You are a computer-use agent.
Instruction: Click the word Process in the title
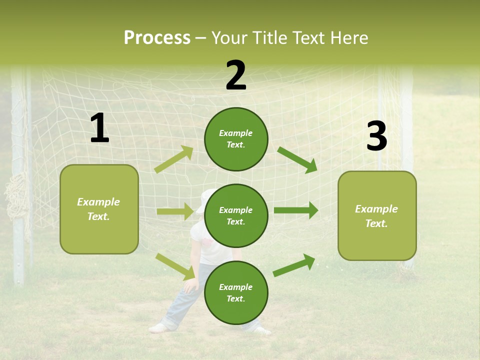[157, 38]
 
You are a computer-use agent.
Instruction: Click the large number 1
[99, 128]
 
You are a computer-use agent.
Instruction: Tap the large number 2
[236, 75]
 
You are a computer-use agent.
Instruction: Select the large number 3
[376, 136]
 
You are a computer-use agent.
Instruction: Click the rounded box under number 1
[99, 209]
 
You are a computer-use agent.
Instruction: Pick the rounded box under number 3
[377, 215]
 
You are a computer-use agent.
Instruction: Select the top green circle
[236, 139]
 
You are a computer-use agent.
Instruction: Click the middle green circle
[236, 215]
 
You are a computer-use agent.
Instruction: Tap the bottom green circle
[236, 292]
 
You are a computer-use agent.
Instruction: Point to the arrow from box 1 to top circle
[174, 159]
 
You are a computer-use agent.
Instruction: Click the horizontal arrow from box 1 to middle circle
[175, 211]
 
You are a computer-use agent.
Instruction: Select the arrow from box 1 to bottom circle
[175, 266]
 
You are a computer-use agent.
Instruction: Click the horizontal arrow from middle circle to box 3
[296, 210]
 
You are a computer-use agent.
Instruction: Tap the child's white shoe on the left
[159, 328]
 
